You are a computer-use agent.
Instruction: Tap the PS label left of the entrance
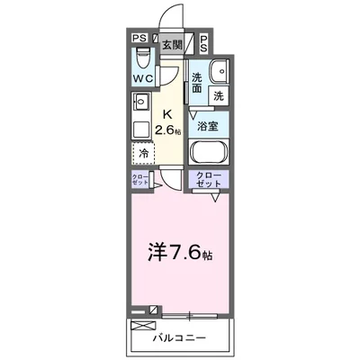click(139, 39)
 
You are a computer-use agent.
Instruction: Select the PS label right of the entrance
click(204, 42)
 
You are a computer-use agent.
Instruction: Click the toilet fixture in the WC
click(140, 58)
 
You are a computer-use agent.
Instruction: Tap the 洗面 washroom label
click(197, 83)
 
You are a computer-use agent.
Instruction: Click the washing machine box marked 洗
click(217, 94)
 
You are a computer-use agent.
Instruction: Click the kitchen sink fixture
click(139, 103)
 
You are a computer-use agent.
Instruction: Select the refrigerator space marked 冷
click(142, 152)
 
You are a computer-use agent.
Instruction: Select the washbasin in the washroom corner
click(217, 73)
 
